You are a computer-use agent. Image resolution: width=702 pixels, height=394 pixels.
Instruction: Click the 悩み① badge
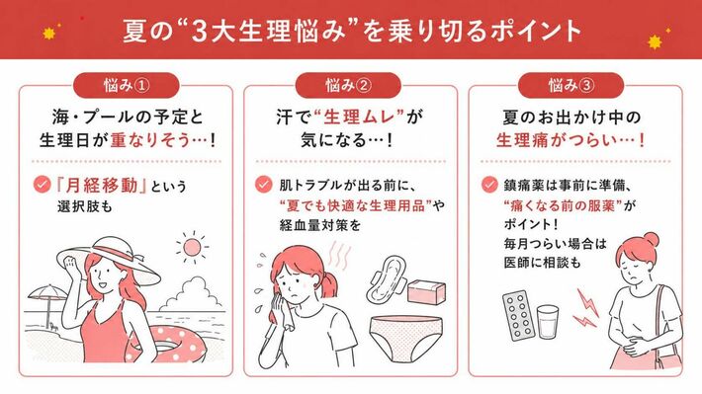click(x=126, y=85)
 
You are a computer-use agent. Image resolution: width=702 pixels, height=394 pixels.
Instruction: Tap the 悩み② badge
click(x=348, y=85)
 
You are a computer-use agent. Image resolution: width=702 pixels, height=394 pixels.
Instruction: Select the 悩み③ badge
click(x=570, y=85)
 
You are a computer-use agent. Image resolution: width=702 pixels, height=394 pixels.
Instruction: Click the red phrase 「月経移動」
click(x=102, y=185)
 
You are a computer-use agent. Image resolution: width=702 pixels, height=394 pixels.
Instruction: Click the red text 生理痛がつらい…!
click(x=570, y=140)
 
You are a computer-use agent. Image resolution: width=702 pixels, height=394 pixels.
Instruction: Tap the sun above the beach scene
click(x=192, y=247)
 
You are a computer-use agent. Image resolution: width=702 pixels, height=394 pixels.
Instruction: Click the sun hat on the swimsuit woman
click(x=108, y=261)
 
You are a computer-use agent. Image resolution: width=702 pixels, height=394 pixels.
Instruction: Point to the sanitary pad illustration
click(x=386, y=277)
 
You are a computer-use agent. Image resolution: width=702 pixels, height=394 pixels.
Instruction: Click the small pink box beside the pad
click(x=426, y=291)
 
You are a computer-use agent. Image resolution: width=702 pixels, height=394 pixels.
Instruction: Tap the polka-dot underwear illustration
click(x=406, y=338)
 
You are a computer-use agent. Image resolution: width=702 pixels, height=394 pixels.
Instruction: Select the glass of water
click(x=548, y=322)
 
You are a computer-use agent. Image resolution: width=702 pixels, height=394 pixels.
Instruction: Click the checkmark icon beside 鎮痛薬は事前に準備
click(x=489, y=185)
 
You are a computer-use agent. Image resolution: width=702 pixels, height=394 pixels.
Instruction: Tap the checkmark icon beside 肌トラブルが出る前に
click(x=263, y=185)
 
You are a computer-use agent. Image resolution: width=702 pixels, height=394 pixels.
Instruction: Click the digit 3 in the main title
click(x=198, y=32)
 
